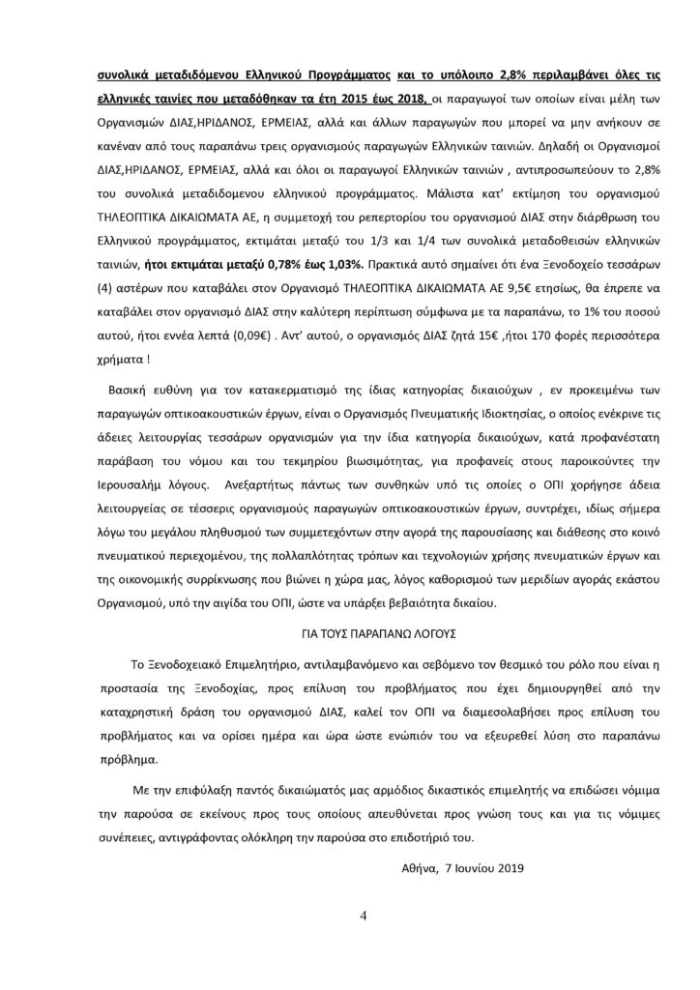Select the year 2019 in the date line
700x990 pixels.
(508, 867)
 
